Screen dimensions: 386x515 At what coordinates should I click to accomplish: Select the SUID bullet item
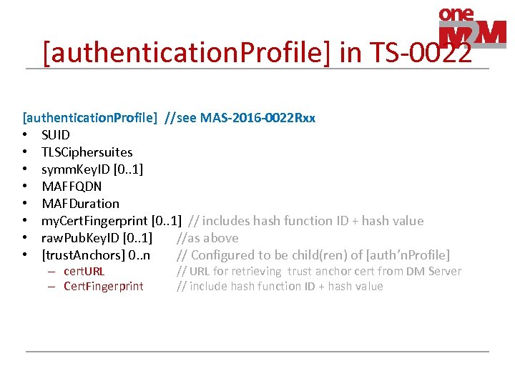click(x=56, y=135)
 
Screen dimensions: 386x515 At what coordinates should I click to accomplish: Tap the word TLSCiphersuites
click(x=87, y=152)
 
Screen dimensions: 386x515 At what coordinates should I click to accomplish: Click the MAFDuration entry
click(x=80, y=204)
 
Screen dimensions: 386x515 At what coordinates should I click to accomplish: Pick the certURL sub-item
click(x=84, y=272)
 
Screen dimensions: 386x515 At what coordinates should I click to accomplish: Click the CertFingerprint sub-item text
click(x=104, y=287)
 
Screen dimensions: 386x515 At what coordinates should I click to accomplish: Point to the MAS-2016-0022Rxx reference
click(x=258, y=118)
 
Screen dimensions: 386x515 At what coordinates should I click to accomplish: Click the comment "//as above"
click(x=207, y=238)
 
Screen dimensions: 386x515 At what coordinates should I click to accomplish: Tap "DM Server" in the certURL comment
click(x=434, y=272)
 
